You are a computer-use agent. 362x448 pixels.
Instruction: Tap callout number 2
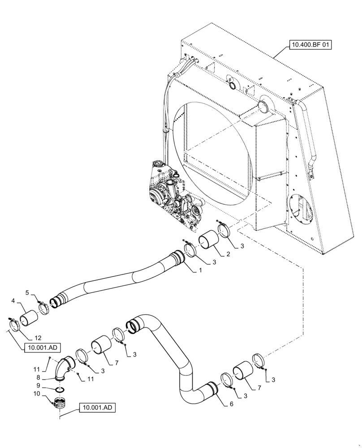pos(228,254)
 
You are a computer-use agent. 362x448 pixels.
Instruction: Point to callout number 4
pos(13,301)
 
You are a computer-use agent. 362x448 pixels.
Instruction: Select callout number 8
pos(39,377)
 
